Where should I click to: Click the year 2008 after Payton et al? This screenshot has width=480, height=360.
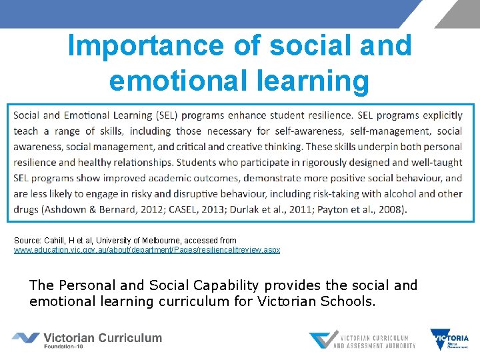[x=389, y=209]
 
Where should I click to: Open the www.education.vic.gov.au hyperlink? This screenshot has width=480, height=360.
[x=147, y=250]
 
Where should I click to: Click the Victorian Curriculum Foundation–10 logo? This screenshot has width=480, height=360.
[x=87, y=339]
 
